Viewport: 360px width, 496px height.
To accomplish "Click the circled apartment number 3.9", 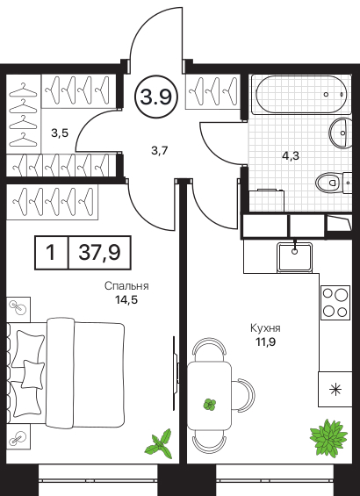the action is [x=156, y=97].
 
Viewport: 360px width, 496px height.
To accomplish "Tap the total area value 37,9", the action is [x=99, y=253].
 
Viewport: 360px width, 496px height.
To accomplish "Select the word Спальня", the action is [x=126, y=286].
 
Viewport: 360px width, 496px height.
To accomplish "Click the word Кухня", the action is [x=265, y=328].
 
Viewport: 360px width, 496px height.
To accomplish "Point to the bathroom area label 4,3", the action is [x=292, y=155].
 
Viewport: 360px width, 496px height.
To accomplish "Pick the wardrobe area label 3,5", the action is [x=60, y=133].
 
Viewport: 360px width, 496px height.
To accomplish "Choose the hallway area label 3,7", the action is [x=159, y=151].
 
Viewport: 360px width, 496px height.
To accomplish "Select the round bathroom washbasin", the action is [x=341, y=133].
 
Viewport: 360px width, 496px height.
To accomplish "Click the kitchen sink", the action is [x=294, y=256].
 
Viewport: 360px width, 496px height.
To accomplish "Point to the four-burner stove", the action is [x=335, y=303].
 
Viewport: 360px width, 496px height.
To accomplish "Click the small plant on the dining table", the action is [x=210, y=404].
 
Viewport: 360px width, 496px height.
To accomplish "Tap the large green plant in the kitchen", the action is [x=328, y=437].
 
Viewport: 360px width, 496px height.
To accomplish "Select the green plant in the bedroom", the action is [x=160, y=443].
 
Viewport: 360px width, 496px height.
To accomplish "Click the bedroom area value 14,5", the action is [x=126, y=299].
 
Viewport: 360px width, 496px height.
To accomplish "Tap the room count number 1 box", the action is [x=51, y=253].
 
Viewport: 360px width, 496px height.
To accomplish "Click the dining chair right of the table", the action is [x=246, y=395].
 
